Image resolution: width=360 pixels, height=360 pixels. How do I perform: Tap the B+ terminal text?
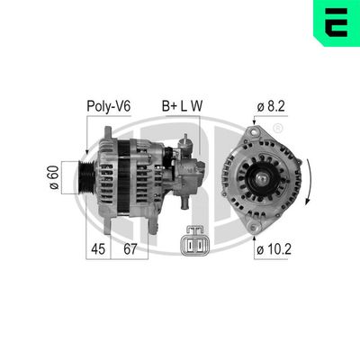tap(169, 105)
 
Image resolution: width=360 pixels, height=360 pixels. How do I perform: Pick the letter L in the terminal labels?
tap(185, 105)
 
